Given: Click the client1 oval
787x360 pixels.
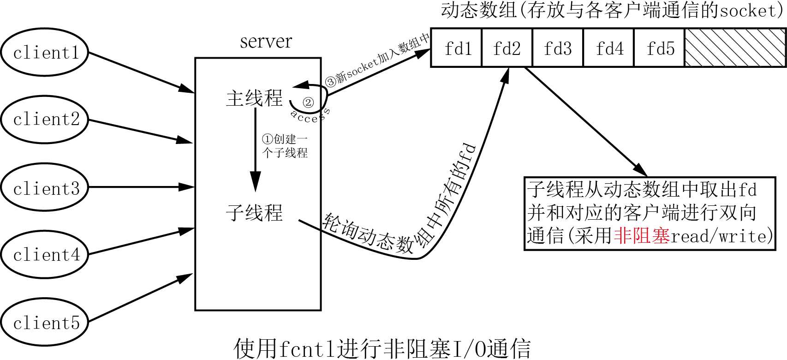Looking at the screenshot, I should pos(44,53).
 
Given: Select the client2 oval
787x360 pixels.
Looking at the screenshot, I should pos(44,120).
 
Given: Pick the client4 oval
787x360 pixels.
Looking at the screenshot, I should pos(44,254).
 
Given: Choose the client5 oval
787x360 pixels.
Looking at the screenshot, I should pos(44,322).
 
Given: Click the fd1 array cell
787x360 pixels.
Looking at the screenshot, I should pos(457,48).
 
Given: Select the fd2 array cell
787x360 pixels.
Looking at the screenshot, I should pos(507,48).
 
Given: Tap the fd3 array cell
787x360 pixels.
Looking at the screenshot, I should pos(558,48).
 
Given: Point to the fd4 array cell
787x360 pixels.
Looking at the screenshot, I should pos(609,48).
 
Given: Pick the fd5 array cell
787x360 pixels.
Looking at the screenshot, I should pos(660,48).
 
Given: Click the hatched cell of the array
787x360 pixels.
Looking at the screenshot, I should pos(735,48).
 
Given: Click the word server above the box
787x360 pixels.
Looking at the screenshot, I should pos(266,42).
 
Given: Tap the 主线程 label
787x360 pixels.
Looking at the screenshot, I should pos(254,98).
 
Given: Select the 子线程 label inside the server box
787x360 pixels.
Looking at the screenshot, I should pos(254,213).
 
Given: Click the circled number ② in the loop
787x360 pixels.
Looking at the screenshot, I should pos(308,102).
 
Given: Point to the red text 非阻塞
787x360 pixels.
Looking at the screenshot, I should pos(642,236).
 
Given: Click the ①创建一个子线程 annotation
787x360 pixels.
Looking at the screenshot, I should pos(285,146).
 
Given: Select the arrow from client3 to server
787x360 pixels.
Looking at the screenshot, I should pos(141,187).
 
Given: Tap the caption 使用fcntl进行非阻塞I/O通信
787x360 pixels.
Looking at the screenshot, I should pos(382,348).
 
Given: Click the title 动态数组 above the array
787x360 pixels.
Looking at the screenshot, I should pos(478,10).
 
